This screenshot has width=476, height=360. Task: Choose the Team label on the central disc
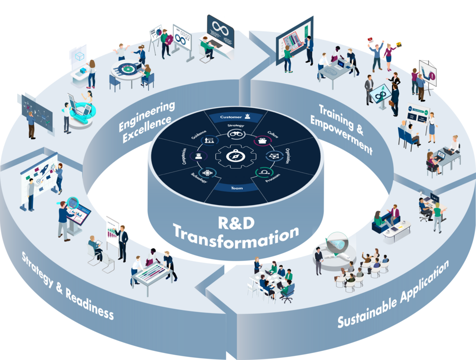click(237, 188)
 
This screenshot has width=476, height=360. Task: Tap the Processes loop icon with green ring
click(263, 172)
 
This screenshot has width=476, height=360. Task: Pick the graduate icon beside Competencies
click(199, 156)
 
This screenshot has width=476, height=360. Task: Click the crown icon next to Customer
click(247, 116)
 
